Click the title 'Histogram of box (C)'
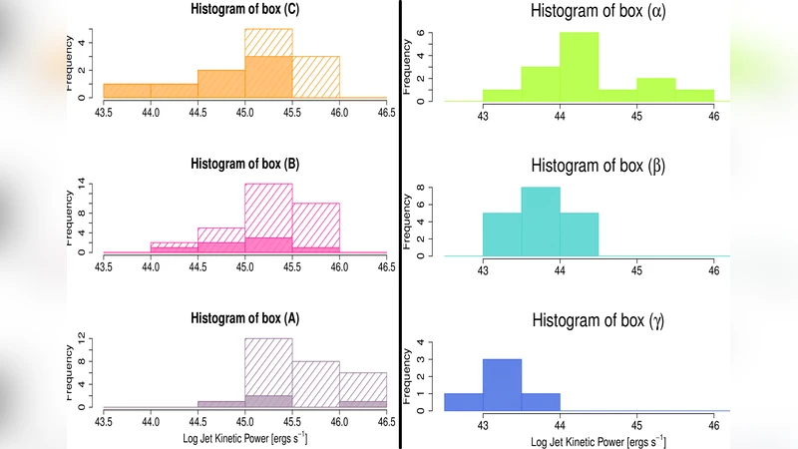pos(244,10)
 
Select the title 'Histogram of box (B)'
pos(244,165)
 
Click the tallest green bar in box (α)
pos(579,67)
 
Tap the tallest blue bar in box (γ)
pos(502,384)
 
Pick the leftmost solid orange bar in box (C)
pos(127,91)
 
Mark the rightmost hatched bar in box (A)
pos(362,389)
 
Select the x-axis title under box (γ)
pos(598,440)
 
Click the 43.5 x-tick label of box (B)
pos(104,267)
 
